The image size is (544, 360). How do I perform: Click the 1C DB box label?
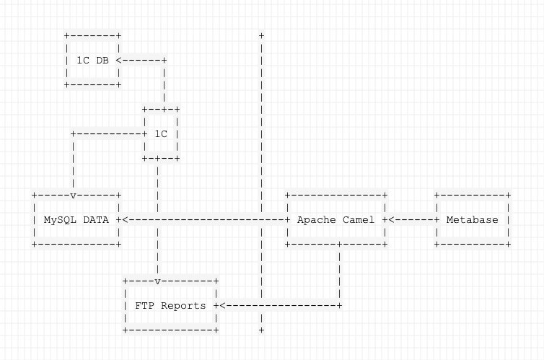tap(92, 61)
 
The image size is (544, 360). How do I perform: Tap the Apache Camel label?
tap(336, 219)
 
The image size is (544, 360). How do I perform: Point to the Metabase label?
tap(472, 219)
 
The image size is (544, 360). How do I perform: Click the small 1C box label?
tap(161, 133)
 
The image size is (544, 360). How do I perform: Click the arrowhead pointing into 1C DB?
tap(118, 61)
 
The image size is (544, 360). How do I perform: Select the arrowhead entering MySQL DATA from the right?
tap(126, 219)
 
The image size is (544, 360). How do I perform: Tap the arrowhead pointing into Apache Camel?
tap(390, 219)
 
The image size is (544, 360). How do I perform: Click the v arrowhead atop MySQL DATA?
tap(74, 195)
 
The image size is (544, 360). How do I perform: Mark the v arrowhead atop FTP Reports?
tap(157, 281)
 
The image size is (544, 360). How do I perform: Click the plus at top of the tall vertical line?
tap(260, 35)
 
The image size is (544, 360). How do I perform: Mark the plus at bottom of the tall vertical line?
tap(260, 330)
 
